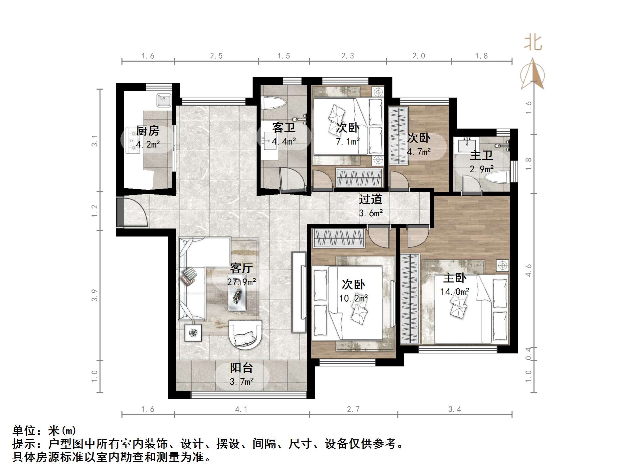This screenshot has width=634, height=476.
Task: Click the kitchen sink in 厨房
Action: click(x=163, y=100)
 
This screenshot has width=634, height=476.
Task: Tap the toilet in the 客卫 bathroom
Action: click(x=273, y=103)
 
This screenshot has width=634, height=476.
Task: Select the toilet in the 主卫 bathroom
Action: click(x=497, y=177)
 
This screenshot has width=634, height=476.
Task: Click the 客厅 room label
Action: click(x=241, y=268)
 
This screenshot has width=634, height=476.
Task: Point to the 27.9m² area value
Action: click(x=241, y=282)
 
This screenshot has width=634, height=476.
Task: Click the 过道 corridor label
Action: click(x=370, y=199)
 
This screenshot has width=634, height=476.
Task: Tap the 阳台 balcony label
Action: click(x=241, y=368)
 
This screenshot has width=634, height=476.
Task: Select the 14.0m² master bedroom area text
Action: click(x=455, y=292)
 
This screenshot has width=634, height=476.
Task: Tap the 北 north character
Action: click(x=533, y=43)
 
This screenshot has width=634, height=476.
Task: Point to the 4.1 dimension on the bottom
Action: click(x=241, y=409)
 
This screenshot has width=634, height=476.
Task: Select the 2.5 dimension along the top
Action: click(x=216, y=56)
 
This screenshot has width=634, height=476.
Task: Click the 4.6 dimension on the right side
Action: click(x=528, y=270)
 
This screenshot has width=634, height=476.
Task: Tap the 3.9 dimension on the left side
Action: click(x=95, y=295)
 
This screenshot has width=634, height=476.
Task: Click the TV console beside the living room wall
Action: click(x=299, y=292)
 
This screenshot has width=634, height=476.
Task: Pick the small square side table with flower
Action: click(x=193, y=332)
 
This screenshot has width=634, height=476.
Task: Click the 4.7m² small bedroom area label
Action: click(x=419, y=152)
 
